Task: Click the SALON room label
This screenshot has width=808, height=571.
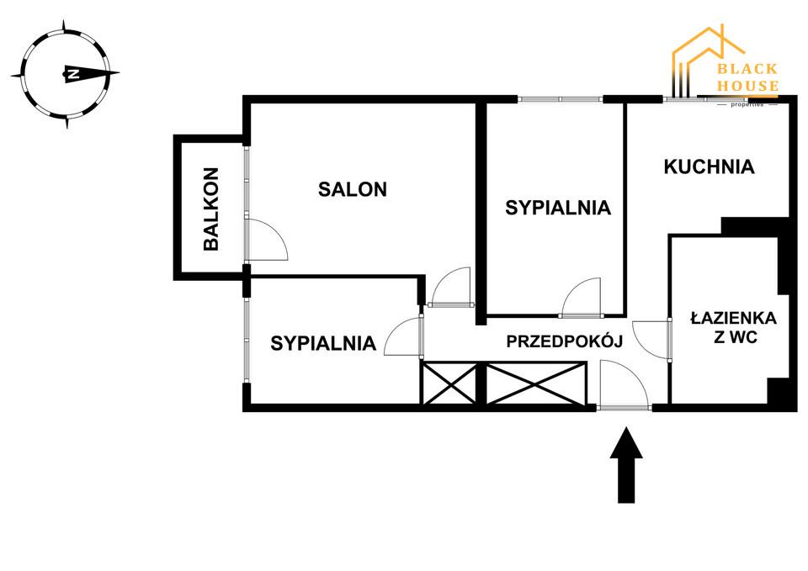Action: coord(352,189)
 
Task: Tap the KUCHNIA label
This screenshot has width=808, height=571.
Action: coord(709,167)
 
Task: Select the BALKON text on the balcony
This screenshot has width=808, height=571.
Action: coord(211,209)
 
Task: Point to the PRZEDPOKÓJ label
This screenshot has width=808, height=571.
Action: coord(563,341)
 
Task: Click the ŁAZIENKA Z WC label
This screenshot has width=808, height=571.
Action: coord(732,329)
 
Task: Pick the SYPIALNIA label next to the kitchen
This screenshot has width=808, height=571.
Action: coord(557,208)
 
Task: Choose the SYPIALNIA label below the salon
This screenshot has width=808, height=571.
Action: coord(322,343)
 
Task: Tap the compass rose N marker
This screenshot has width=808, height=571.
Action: coord(73,74)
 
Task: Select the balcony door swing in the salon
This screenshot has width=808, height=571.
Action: coord(267,239)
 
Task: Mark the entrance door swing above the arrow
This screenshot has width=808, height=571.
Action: coord(623,383)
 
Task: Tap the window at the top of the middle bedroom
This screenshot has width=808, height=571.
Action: coord(560,99)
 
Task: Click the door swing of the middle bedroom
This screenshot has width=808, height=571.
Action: coord(582,297)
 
